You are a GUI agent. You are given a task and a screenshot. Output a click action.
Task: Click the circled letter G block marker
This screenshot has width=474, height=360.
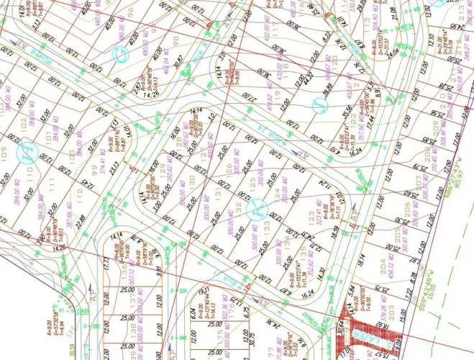click(x=121, y=54)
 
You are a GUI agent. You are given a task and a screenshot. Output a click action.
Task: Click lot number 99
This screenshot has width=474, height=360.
click(x=93, y=171)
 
